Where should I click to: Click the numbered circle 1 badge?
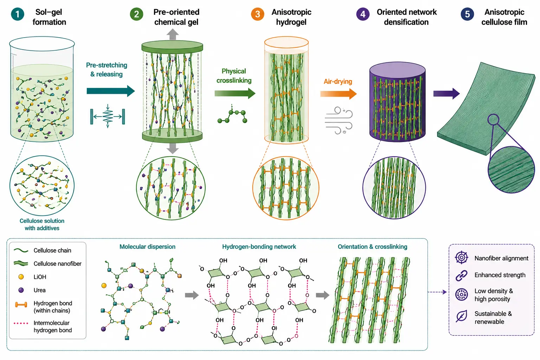point(18,14)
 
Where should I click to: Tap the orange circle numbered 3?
point(257,14)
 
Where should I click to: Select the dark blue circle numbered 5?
point(467,14)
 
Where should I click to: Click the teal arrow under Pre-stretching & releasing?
point(111,91)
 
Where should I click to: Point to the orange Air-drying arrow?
point(339,94)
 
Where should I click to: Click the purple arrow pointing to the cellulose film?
point(446,94)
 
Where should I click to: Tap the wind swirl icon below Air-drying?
point(339,121)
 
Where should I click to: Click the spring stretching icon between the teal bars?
point(108,116)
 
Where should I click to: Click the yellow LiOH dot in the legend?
point(21,277)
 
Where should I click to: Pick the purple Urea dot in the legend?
point(21,290)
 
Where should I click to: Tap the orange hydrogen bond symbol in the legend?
point(21,305)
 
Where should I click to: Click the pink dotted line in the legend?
point(21,323)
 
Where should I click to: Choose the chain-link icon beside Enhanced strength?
point(461,275)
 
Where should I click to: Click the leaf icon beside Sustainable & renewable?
point(461,316)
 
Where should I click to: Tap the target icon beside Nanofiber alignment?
point(461,257)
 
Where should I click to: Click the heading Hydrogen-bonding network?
point(259,247)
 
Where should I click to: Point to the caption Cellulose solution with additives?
point(42,225)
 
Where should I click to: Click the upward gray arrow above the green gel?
point(172,34)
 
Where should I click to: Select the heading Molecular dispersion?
point(147,247)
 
